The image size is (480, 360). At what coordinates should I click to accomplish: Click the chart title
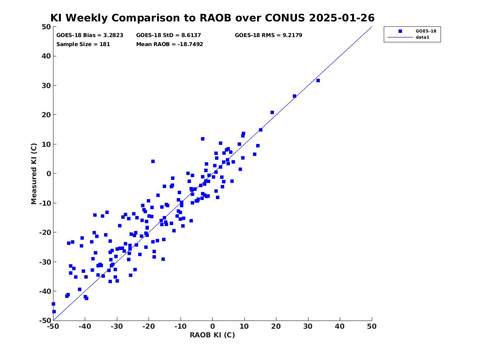(213, 18)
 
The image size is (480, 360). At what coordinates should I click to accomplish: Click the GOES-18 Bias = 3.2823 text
(90, 35)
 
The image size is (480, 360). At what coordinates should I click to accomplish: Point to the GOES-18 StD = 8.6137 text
(169, 35)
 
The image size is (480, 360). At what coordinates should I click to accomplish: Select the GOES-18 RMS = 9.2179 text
(269, 35)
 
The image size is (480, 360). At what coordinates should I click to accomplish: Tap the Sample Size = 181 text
(83, 44)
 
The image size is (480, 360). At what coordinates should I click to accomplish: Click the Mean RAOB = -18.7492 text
(169, 44)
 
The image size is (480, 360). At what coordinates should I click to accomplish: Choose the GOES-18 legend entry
(412, 31)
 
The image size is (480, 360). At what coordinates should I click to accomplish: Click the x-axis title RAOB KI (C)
(213, 335)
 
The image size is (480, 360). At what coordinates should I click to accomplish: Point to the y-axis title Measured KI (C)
(34, 174)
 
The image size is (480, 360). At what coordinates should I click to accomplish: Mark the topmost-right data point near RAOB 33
(318, 81)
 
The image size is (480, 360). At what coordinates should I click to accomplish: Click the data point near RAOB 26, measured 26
(294, 96)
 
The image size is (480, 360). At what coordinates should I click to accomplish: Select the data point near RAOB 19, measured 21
(272, 112)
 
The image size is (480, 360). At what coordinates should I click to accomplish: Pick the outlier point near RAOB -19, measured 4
(153, 161)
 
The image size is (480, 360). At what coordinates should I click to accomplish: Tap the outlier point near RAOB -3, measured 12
(203, 139)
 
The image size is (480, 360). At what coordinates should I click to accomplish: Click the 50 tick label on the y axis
(46, 27)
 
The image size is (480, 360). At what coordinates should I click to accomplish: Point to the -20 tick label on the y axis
(45, 232)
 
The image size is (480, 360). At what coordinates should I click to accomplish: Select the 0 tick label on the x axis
(213, 327)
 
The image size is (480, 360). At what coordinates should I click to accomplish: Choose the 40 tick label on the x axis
(340, 327)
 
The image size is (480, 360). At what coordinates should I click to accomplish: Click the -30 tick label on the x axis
(117, 327)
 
